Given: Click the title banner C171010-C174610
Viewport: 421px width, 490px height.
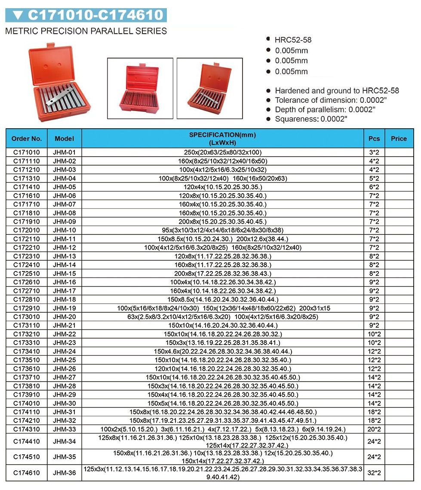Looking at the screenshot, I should click(x=86, y=15).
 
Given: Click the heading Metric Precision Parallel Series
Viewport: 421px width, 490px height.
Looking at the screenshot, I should click(x=86, y=31).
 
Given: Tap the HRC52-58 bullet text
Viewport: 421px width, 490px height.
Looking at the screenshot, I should click(x=293, y=40).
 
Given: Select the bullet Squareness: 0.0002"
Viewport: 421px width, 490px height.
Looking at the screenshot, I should click(x=311, y=119).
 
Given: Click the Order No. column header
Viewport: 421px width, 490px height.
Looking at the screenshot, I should click(x=27, y=139).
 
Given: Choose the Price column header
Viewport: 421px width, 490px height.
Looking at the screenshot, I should click(x=399, y=139).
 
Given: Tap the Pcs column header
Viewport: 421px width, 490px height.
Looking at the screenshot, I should click(x=374, y=139).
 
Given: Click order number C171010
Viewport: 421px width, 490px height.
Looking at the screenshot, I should click(x=27, y=152).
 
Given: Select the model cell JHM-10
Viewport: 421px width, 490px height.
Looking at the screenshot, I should click(x=65, y=230).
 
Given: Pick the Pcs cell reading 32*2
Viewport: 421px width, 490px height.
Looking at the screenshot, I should click(x=374, y=473).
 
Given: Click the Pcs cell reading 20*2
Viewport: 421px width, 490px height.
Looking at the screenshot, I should click(x=374, y=429).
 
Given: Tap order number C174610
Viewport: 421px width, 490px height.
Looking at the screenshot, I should click(x=27, y=473).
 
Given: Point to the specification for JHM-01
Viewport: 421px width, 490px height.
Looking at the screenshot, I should click(x=222, y=152).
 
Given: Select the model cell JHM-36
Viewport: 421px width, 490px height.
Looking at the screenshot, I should click(x=65, y=473).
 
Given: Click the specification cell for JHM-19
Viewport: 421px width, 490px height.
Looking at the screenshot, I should click(x=222, y=308).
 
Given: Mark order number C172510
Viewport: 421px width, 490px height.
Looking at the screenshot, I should click(x=27, y=274).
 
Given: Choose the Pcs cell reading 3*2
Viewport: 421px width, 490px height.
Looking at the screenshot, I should click(x=374, y=152).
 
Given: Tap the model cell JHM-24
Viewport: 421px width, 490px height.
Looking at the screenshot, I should click(x=65, y=351).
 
